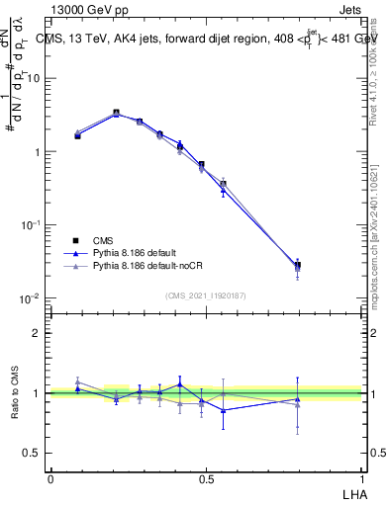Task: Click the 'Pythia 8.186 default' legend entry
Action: [129, 253]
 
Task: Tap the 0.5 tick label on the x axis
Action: [206, 478]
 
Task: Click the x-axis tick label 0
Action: [50, 478]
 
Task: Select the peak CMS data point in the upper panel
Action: [116, 113]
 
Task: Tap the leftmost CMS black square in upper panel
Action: [77, 135]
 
